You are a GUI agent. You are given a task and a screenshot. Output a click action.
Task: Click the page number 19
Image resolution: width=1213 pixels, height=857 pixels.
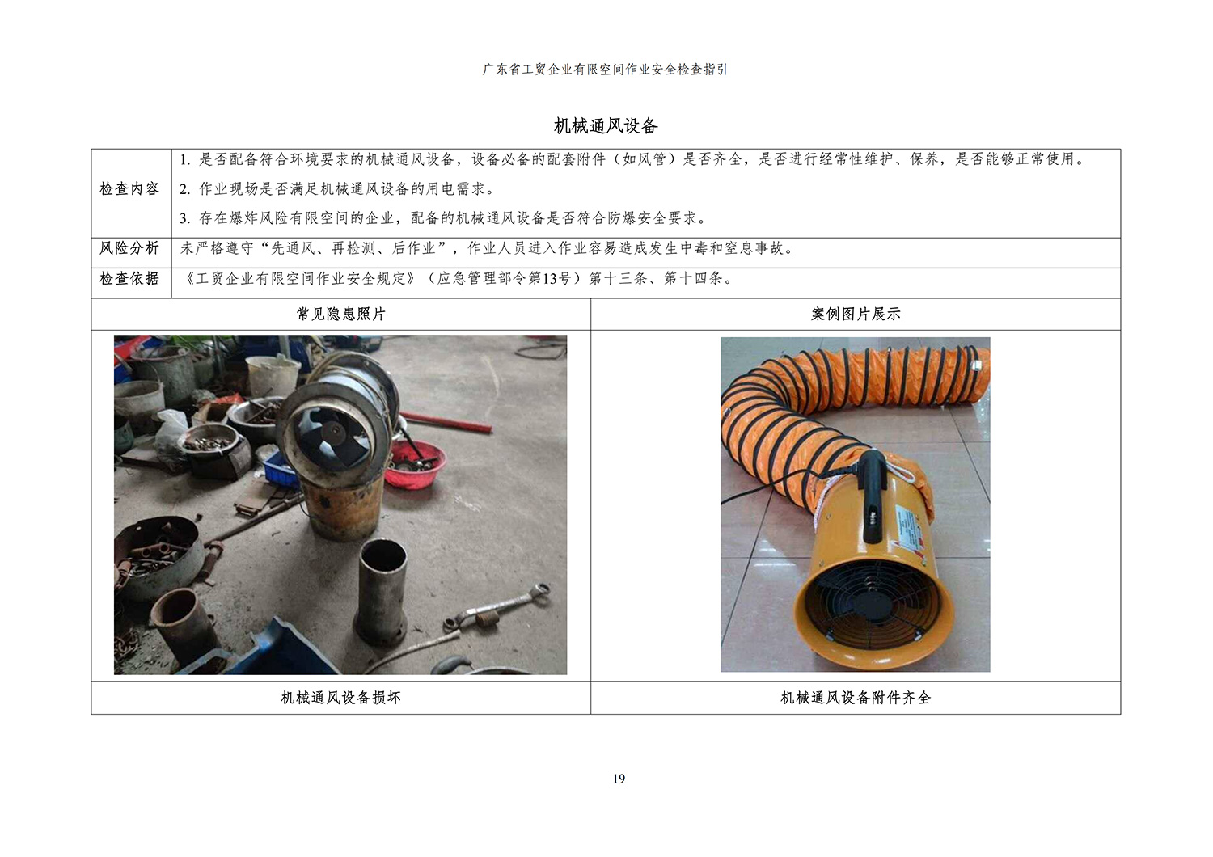[619, 779]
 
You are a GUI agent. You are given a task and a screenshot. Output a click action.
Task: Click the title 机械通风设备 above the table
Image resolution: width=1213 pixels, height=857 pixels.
[606, 126]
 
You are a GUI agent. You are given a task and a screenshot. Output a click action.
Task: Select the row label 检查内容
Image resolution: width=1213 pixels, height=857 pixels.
[129, 189]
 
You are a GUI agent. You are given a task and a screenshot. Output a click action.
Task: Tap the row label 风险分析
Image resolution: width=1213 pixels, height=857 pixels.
[129, 248]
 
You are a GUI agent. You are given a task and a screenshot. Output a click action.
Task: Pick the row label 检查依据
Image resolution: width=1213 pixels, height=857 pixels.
[129, 279]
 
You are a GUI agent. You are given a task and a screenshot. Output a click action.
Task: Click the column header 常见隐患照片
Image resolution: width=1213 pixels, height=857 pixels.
[341, 314]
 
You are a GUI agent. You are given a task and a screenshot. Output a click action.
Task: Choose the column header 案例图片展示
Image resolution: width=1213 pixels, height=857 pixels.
[856, 314]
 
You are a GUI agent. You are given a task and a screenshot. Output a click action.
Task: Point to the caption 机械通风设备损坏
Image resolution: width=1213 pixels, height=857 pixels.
[341, 698]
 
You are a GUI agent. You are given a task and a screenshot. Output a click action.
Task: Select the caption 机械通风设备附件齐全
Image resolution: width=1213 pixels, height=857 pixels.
[856, 698]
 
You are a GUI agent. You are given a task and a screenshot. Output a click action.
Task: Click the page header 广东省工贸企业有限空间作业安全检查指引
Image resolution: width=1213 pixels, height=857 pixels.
[606, 70]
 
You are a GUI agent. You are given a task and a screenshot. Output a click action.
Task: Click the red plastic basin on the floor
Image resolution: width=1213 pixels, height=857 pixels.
[418, 464]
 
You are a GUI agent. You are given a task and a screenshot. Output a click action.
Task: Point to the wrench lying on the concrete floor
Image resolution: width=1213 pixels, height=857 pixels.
[497, 609]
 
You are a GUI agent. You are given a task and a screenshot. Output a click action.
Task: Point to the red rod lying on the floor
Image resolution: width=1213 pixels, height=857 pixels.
[445, 422]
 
